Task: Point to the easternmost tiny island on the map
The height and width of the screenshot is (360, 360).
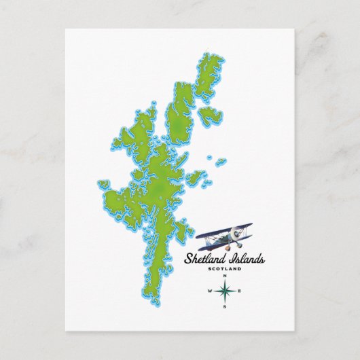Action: pyautogui.click(x=221, y=161)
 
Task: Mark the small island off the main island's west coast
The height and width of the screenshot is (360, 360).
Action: pyautogui.click(x=104, y=184)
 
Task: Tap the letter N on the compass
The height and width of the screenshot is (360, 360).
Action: pyautogui.click(x=224, y=276)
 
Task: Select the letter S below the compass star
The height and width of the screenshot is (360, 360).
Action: pyautogui.click(x=224, y=306)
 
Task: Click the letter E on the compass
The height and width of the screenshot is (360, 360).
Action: pyautogui.click(x=239, y=291)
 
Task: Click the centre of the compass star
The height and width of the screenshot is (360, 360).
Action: pyautogui.click(x=224, y=291)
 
